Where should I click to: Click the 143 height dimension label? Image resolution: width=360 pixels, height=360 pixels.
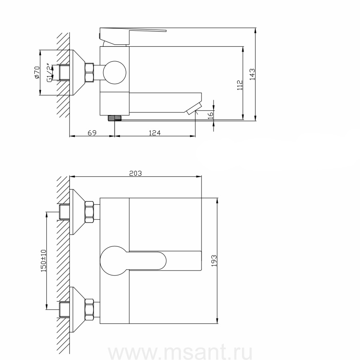252,74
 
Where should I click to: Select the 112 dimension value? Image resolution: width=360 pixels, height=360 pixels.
240,85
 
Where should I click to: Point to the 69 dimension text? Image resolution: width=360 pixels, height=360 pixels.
92,133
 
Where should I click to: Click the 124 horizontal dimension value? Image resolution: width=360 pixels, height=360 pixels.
154,133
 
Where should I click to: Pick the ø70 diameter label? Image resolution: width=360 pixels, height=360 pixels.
37,72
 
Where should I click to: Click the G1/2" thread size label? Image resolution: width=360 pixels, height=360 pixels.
49,72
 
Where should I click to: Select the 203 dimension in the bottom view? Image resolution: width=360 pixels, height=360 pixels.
136,173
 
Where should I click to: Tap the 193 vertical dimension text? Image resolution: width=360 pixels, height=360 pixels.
214,261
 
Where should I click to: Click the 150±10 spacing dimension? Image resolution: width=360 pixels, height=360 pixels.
44,261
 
